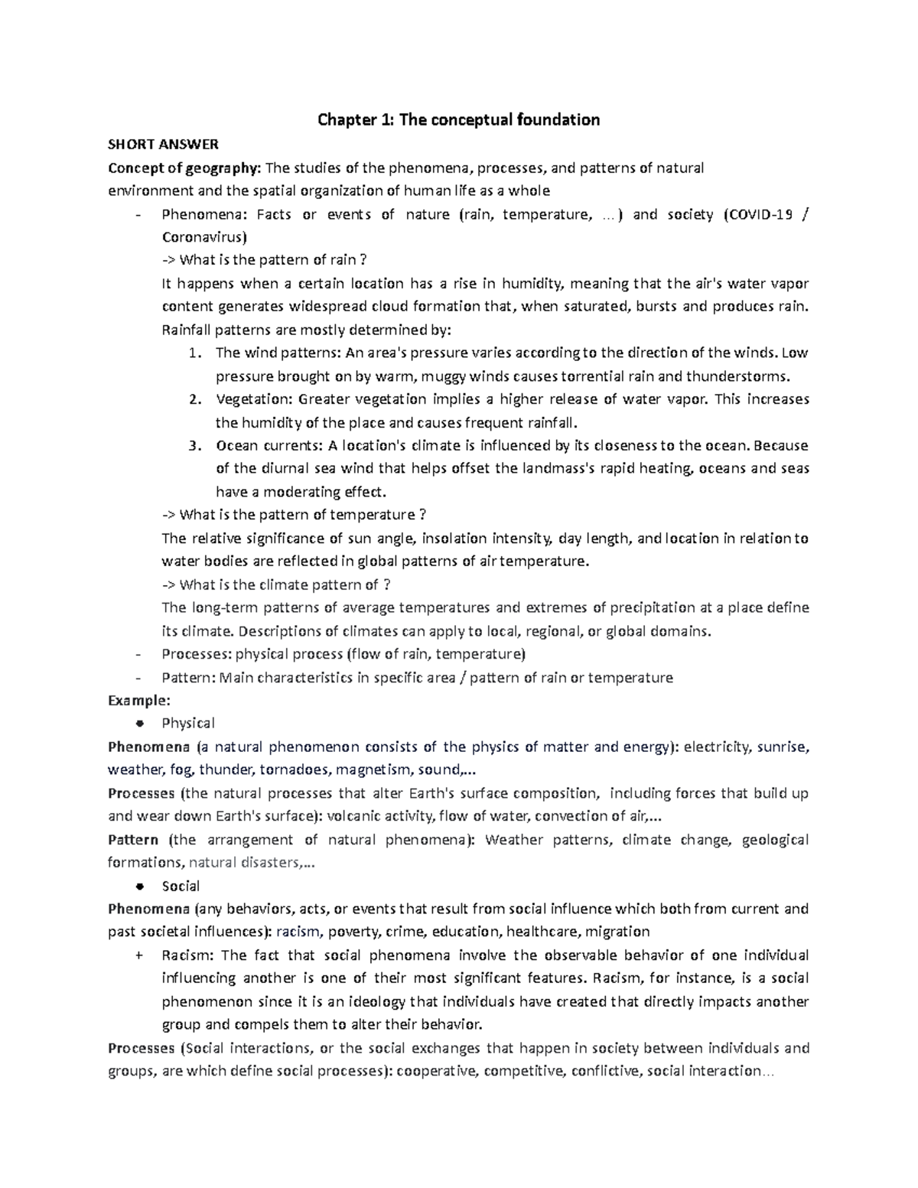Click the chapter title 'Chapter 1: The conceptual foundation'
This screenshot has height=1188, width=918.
point(458,119)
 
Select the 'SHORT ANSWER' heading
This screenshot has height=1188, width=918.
point(163,144)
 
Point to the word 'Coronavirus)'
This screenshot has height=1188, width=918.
point(204,237)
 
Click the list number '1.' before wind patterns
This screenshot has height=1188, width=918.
point(194,353)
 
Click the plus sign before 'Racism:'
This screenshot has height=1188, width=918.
point(138,955)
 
